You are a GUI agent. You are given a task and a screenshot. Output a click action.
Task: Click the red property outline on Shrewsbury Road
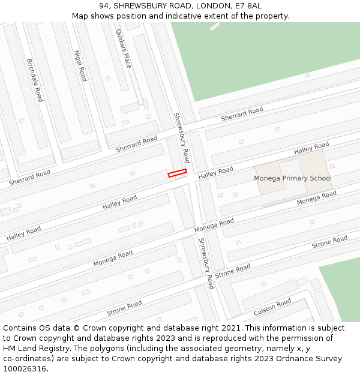(177, 173)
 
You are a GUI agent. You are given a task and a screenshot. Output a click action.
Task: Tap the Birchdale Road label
(35, 80)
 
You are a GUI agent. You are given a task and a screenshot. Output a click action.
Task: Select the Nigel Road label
(80, 65)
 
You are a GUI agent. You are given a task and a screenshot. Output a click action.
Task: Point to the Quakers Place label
(123, 49)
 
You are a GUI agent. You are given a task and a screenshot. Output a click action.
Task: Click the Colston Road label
(272, 307)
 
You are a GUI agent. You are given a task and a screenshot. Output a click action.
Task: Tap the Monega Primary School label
(292, 178)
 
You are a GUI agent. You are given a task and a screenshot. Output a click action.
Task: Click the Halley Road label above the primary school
(311, 148)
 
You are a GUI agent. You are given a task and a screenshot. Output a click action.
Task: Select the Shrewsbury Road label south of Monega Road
(206, 263)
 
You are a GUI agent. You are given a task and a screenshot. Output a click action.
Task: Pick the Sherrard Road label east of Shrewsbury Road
(242, 115)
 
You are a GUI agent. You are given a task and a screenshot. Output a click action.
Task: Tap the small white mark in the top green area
(215, 26)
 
